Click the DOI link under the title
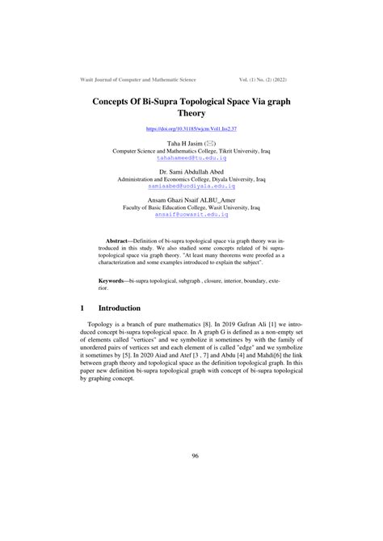[x=191, y=129]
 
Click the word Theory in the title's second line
[x=191, y=114]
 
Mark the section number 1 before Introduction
[x=83, y=308]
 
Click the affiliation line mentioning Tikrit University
[x=191, y=151]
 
